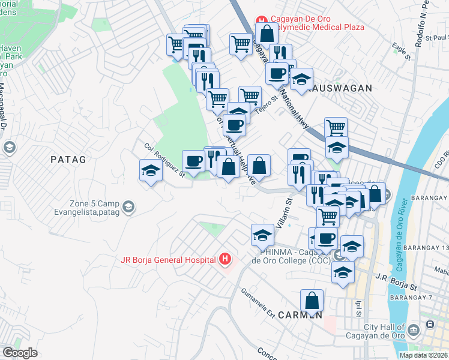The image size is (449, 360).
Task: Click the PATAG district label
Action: tap(68, 160)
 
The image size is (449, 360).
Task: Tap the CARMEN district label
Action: tap(300, 314)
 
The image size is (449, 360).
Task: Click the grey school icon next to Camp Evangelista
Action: tap(128, 208)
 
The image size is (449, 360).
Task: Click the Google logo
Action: tap(20, 352)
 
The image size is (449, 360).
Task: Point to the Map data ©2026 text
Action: tap(423, 355)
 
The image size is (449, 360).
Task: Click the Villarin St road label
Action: tap(283, 212)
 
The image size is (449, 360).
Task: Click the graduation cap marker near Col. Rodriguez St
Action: tap(151, 170)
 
